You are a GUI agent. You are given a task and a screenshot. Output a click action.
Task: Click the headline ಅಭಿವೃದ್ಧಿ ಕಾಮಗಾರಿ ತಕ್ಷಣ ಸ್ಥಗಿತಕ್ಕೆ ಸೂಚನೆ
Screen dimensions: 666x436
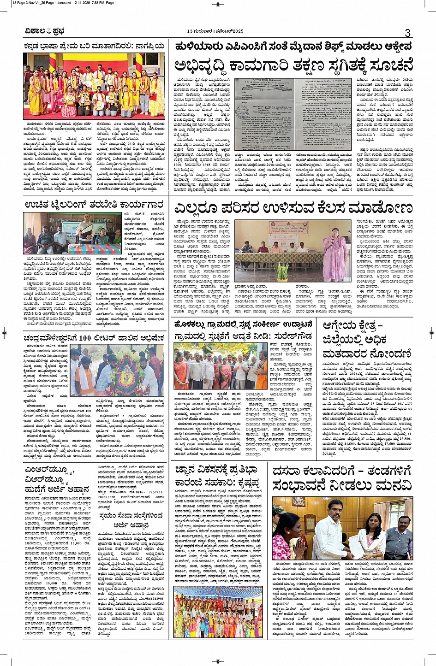[x=293, y=65]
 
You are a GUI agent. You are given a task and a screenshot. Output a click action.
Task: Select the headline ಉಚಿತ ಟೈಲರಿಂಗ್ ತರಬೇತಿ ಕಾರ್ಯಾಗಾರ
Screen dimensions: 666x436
[x=94, y=204]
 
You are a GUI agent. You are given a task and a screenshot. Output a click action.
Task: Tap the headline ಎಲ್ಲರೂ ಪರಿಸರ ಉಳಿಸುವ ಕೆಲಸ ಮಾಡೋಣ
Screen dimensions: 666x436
[x=293, y=208]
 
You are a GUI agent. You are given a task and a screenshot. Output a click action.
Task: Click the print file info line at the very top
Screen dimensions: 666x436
[x=65, y=2]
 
